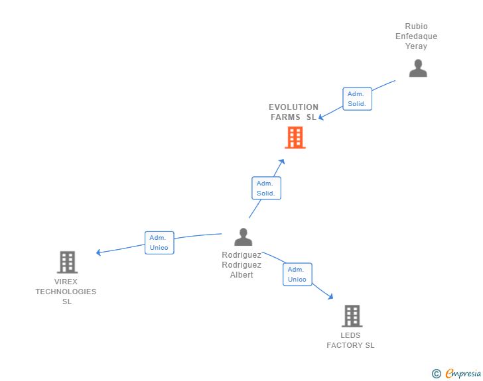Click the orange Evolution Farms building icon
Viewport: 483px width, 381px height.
295,137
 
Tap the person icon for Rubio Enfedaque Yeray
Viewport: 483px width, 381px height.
418,68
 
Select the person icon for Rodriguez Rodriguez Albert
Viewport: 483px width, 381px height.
243,237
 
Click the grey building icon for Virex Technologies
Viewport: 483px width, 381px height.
67,262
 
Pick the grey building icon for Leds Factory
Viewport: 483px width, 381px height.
352,316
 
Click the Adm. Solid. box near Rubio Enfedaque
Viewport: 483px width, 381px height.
357,99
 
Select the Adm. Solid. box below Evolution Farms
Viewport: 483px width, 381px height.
266,188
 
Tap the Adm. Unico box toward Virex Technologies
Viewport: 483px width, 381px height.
159,243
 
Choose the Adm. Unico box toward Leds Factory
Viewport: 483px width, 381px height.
297,274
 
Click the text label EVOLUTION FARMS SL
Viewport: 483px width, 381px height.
293,112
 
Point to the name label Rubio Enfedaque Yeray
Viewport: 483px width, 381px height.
417,36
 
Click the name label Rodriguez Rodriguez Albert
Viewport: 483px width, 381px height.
241,264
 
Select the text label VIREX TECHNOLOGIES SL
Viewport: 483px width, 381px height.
66,292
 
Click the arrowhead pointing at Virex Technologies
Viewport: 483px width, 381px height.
98,252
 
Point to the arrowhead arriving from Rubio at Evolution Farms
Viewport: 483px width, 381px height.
321,117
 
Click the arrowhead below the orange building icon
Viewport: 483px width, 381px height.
282,162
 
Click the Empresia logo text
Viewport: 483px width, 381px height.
462,373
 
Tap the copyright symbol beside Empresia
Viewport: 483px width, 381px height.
436,374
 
